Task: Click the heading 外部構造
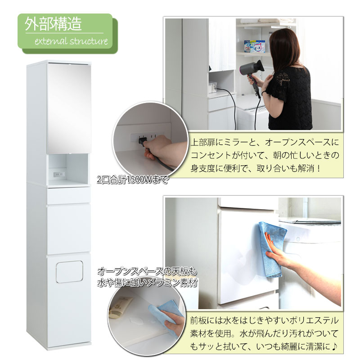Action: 53,24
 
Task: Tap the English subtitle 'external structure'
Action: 71,41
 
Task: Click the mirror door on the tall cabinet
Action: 69,108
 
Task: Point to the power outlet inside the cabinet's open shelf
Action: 59,175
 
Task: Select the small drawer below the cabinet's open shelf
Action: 68,196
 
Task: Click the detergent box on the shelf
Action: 254,46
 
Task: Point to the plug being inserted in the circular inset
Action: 142,141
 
